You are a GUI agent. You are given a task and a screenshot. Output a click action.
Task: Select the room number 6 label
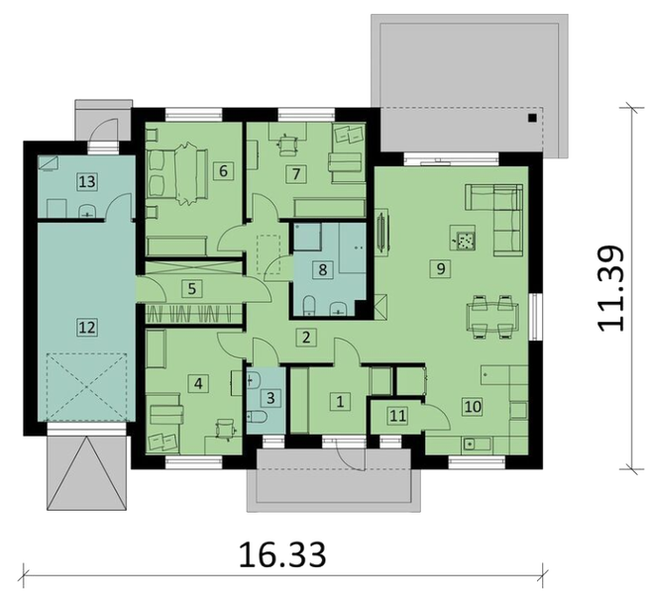coord(224,170)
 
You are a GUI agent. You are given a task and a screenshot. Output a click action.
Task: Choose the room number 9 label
coord(437,267)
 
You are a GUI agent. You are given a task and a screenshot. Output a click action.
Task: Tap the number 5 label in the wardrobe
coord(194,289)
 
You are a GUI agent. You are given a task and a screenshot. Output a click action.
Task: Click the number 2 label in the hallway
coord(307,338)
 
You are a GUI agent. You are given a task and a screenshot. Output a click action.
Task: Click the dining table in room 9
coord(492,316)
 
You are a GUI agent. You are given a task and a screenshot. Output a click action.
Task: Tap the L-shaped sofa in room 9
coord(495,213)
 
